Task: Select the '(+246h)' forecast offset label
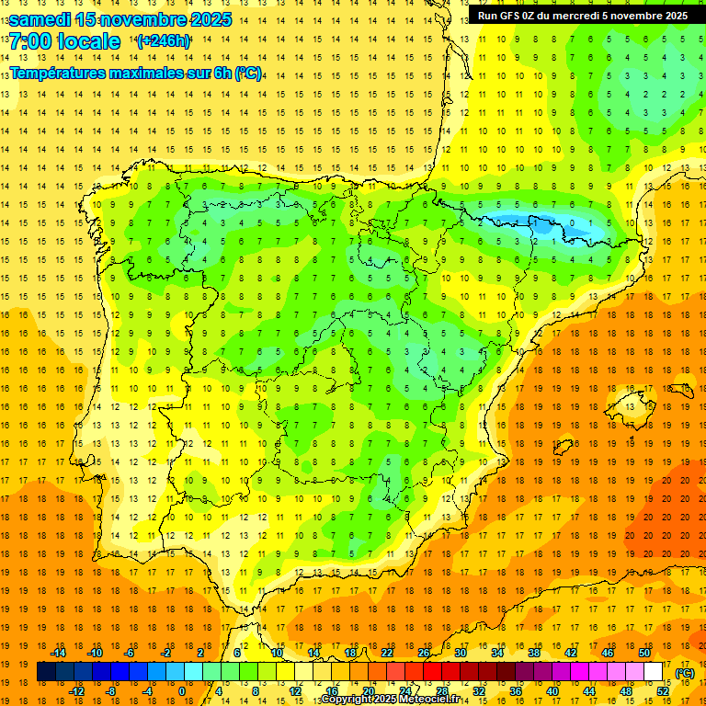click(x=164, y=41)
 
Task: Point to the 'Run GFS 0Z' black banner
click(x=582, y=16)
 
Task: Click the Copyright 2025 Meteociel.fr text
click(x=391, y=700)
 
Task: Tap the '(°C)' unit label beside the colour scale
click(x=684, y=673)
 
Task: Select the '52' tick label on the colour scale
click(x=663, y=691)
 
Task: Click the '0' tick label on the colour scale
click(x=182, y=691)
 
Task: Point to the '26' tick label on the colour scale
click(x=424, y=653)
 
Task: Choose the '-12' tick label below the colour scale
click(x=77, y=691)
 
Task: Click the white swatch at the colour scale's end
click(x=654, y=672)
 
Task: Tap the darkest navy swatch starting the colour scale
click(x=46, y=672)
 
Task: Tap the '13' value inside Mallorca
click(x=630, y=406)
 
